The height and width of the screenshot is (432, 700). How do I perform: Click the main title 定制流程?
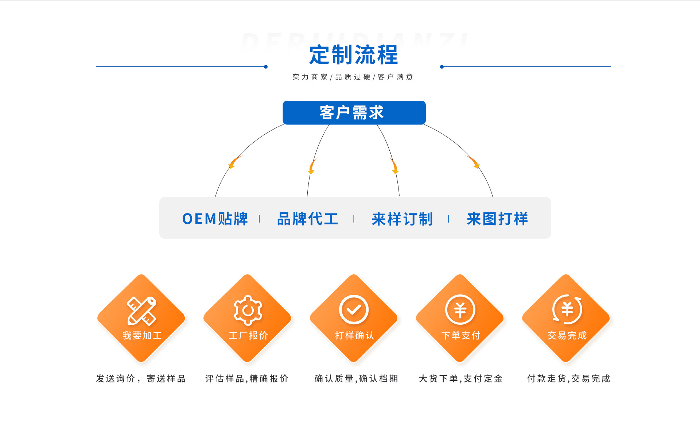tap(353, 55)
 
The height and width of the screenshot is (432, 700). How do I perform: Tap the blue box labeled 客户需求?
tap(354, 112)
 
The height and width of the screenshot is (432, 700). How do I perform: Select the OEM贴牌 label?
tap(215, 219)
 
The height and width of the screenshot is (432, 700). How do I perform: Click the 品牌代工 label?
tap(308, 219)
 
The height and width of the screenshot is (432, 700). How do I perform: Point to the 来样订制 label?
tap(402, 219)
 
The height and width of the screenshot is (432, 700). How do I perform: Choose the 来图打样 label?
tap(497, 219)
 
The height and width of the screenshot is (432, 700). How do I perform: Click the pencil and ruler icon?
tap(141, 310)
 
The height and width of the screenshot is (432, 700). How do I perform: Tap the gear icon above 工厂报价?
tap(248, 310)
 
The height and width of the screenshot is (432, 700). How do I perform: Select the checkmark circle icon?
tap(354, 310)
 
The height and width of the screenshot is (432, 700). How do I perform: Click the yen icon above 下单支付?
tap(460, 310)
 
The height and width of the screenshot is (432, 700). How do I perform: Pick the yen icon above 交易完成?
tap(567, 310)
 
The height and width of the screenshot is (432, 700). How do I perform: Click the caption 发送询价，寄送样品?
tap(141, 379)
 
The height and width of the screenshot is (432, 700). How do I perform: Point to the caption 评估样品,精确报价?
tap(247, 379)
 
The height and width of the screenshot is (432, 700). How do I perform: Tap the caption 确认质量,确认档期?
tap(356, 379)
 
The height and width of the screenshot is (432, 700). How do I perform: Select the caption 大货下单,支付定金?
tap(461, 379)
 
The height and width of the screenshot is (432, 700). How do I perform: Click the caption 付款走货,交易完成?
tap(568, 379)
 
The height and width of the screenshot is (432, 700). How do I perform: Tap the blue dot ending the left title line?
tap(266, 67)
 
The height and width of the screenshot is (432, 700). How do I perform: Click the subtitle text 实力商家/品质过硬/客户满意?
tap(353, 77)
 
